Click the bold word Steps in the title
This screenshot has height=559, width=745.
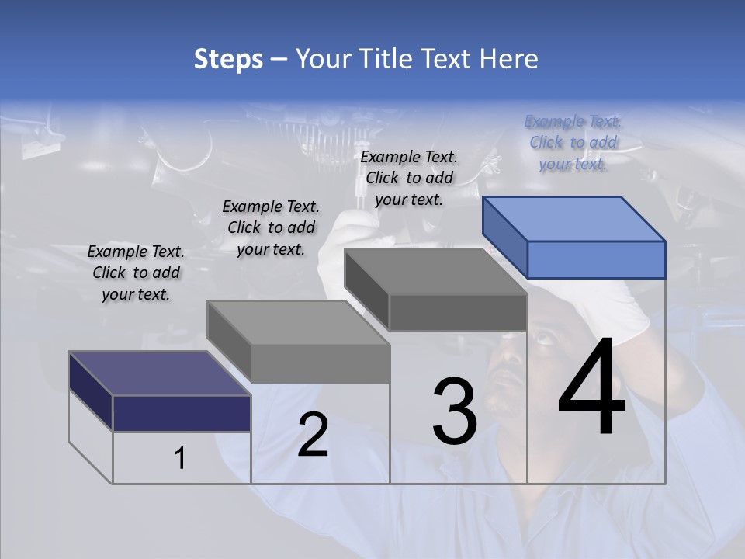(228, 59)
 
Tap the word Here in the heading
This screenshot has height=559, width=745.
(510, 59)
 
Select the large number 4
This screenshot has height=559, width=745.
(591, 388)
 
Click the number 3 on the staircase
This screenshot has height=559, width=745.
(455, 411)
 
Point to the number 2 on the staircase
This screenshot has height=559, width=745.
(313, 435)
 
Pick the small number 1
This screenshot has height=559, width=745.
(180, 459)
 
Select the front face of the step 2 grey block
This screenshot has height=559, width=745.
(320, 363)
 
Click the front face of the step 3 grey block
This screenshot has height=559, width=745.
(458, 313)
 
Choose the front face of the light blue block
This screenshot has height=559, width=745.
(596, 259)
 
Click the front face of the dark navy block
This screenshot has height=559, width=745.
(182, 413)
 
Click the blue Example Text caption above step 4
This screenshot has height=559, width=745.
(573, 143)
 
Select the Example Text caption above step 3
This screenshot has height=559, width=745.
(410, 179)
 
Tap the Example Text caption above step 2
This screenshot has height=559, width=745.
(271, 227)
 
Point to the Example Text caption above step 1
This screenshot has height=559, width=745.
(136, 273)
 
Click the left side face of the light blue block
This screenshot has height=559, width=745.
(504, 236)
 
